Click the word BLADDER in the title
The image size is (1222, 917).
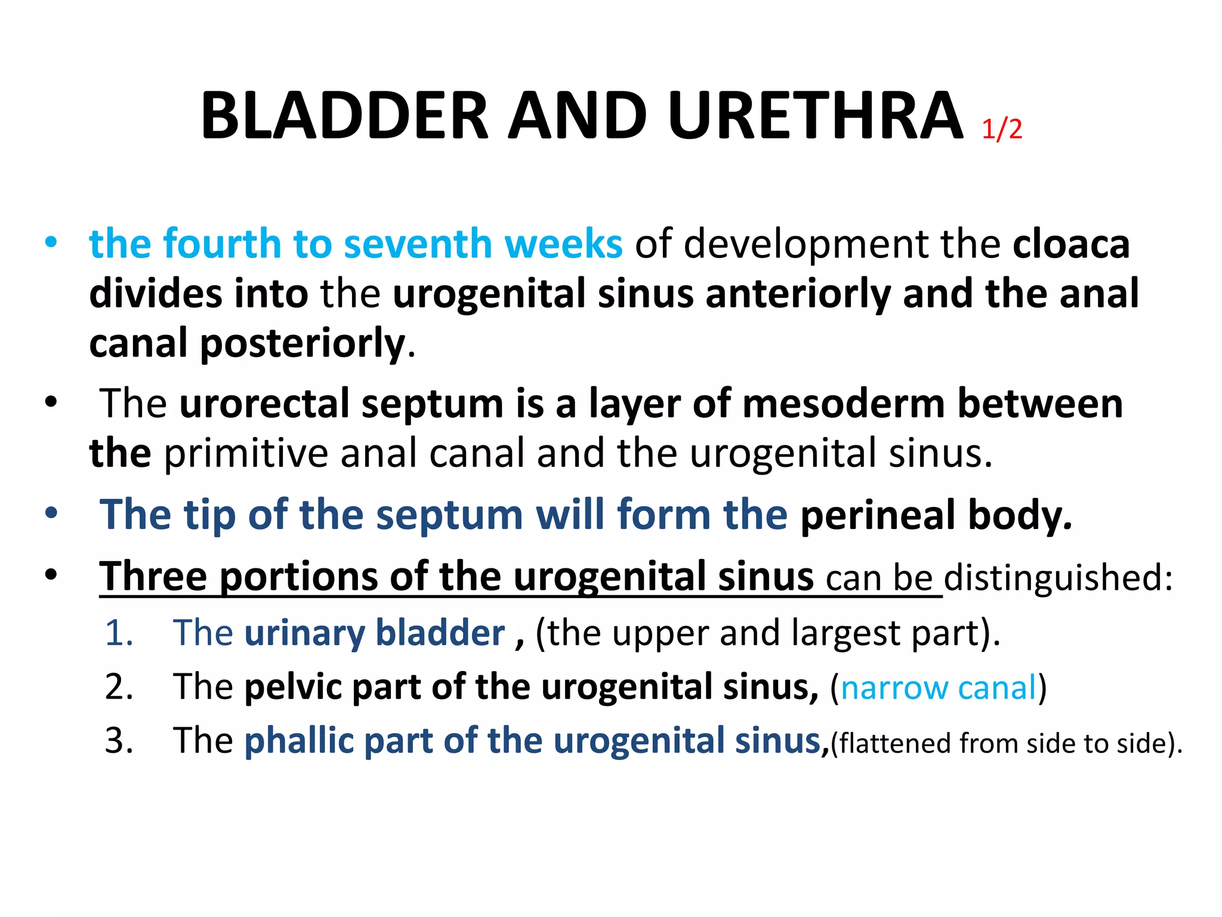pos(344,116)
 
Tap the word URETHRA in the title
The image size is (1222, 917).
pos(815,116)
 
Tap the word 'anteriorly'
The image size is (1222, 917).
pos(798,294)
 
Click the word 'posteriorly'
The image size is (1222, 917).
pos(302,344)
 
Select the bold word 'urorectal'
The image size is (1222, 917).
pos(264,404)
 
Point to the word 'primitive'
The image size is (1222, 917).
pos(246,453)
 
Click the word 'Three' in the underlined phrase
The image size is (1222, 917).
pos(153,577)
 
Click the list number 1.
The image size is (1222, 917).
pos(119,633)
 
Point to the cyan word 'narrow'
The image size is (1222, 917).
pos(893,688)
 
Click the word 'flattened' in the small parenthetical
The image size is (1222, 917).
pos(895,744)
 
